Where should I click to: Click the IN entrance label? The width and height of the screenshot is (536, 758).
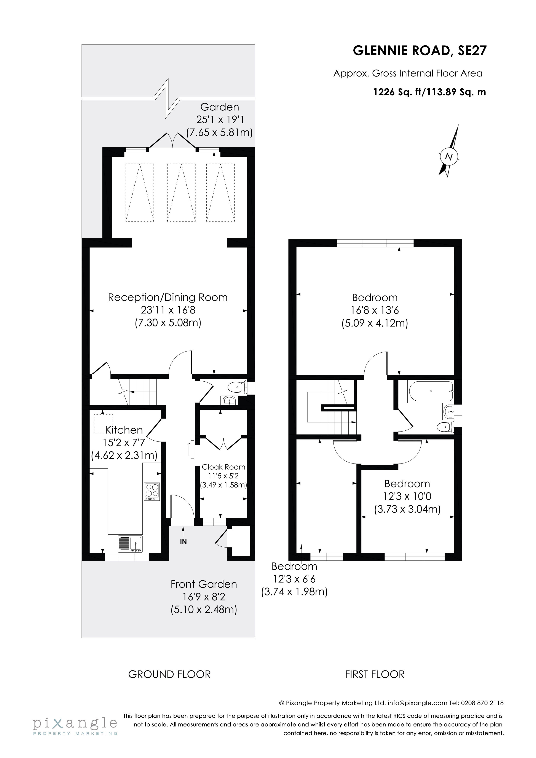point(183,542)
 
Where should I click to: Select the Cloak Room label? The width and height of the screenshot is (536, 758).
point(223,467)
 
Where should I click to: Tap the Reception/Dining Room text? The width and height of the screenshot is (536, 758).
point(168,298)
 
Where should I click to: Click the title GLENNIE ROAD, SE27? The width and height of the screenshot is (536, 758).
point(420,51)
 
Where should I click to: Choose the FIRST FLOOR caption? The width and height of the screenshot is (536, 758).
point(375,674)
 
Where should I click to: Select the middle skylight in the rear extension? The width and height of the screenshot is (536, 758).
point(181,193)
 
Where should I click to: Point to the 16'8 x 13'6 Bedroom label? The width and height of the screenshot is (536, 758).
point(375,310)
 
